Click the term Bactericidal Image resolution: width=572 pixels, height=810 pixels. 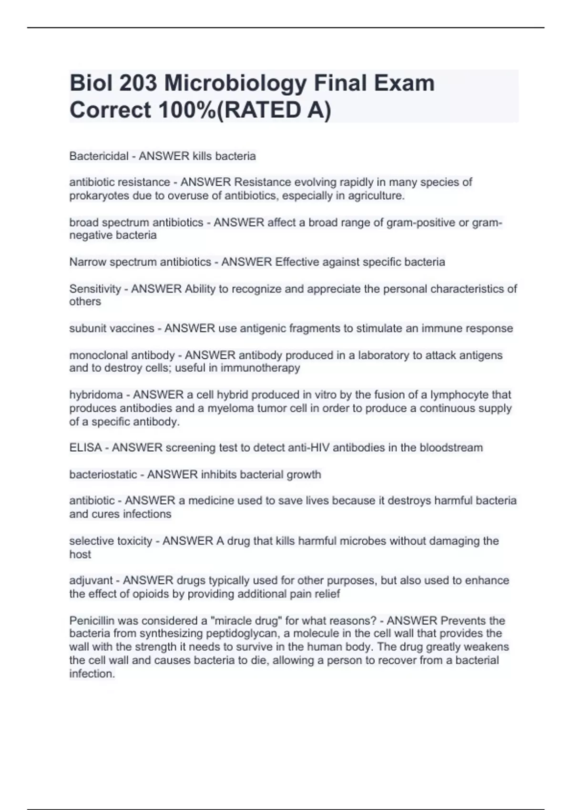(99, 156)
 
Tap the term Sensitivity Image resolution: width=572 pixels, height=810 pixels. (95, 289)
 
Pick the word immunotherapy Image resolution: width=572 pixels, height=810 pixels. (260, 368)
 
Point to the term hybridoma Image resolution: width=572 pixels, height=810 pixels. (96, 395)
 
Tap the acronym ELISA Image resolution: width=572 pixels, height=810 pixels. (85, 448)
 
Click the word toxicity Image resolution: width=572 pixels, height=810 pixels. (133, 541)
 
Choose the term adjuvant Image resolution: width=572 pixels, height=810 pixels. (91, 580)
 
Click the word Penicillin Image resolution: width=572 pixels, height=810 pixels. (91, 621)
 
